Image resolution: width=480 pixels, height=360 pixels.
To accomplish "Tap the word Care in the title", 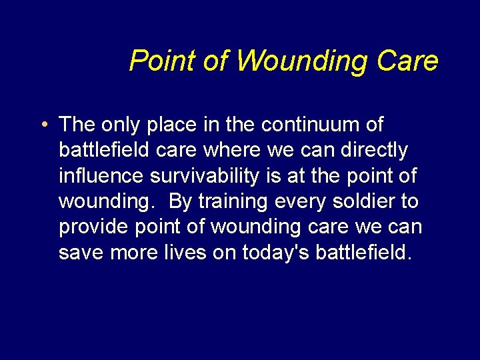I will pyautogui.click(x=407, y=61).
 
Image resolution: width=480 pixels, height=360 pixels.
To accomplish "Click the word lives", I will pyautogui.click(x=189, y=253).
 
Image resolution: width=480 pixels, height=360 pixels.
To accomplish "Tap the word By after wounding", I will pyautogui.click(x=181, y=201).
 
